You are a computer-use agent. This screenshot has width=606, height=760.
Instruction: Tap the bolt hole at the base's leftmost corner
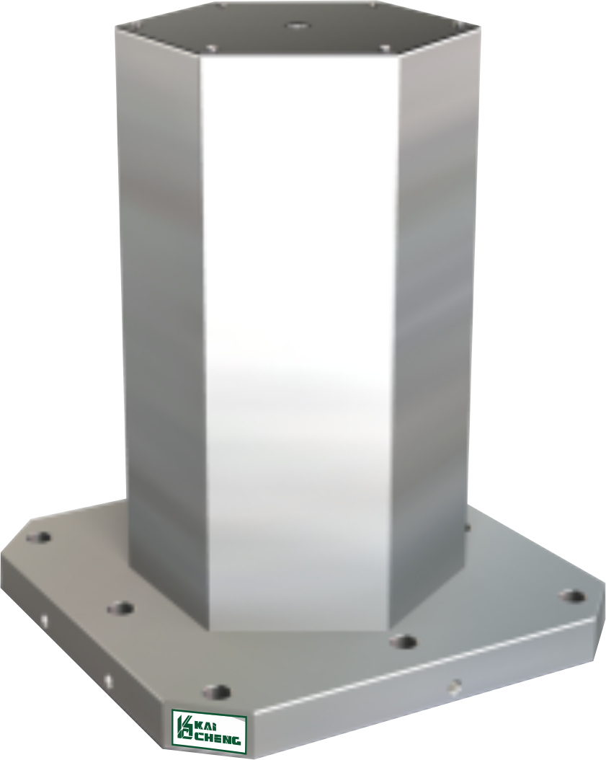(x=39, y=537)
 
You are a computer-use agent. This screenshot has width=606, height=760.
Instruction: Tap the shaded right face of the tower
(x=436, y=288)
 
